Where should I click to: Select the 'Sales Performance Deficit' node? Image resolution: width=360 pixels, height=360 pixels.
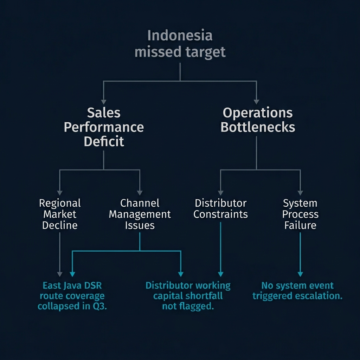point(104,127)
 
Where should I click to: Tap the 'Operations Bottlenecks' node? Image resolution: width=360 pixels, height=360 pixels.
point(258,120)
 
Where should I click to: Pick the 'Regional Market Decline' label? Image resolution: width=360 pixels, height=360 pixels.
point(60,214)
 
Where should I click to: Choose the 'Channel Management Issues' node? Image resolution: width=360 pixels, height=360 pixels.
point(140,214)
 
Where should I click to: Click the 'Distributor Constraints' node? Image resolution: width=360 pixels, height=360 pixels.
point(220,208)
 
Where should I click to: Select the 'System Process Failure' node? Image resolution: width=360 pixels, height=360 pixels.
point(300,214)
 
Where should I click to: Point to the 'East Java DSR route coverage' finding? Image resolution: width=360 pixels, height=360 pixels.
point(71,296)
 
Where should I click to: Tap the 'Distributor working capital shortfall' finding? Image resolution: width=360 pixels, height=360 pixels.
point(188,296)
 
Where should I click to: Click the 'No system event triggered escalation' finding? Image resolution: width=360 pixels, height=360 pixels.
point(297,290)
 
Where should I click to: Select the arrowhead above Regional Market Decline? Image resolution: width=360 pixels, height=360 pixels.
point(60,193)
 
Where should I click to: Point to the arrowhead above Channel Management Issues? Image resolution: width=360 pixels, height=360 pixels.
point(140,193)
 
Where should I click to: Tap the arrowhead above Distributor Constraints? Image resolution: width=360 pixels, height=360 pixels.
point(220,193)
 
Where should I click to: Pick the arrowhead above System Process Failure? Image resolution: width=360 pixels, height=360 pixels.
point(300,193)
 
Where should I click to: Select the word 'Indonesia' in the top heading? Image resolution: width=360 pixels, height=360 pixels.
point(180,36)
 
